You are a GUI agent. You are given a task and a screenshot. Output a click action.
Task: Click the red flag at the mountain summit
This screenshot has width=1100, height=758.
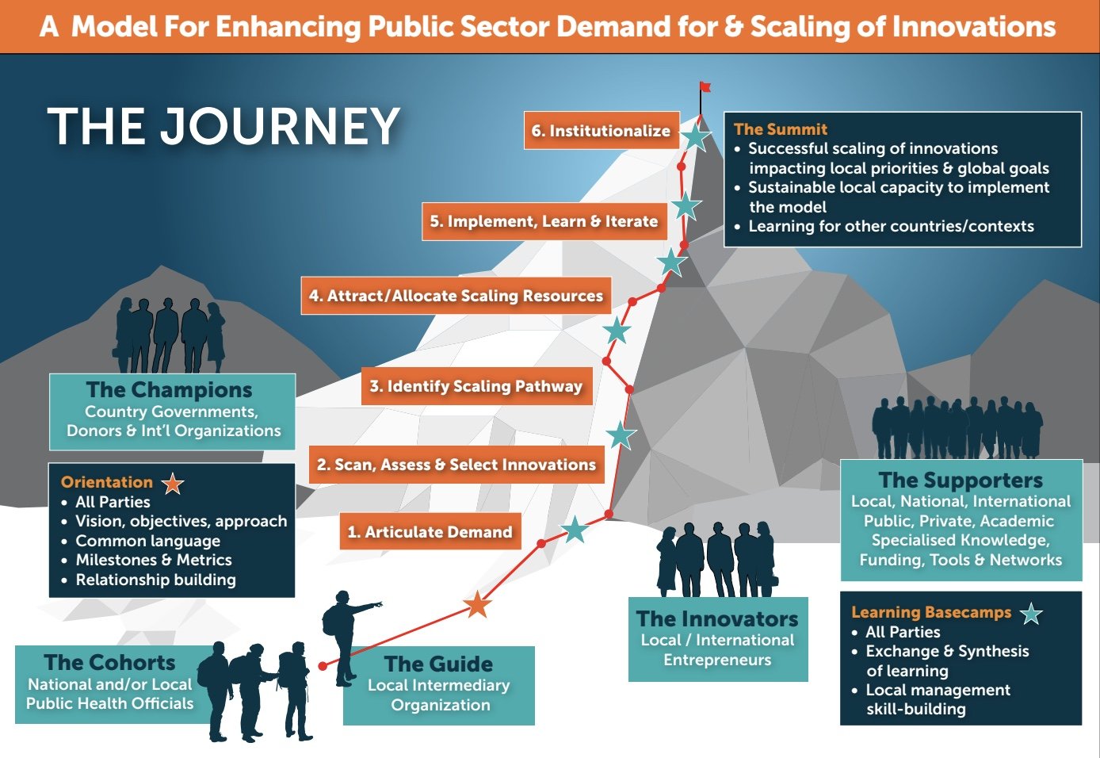point(705,87)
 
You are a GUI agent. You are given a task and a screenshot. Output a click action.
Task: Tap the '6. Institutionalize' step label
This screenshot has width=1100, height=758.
point(601,131)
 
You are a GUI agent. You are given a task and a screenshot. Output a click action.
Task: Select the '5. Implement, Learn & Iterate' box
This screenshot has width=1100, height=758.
point(544,221)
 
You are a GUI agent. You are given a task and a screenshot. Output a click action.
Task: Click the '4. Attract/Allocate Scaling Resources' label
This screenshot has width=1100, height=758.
point(456,296)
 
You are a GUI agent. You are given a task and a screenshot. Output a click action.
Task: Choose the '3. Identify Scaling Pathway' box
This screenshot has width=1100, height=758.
point(476,386)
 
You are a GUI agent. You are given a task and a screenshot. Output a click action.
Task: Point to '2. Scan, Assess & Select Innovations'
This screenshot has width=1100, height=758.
point(456,465)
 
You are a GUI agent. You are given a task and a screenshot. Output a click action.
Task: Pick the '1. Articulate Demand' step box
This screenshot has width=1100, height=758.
point(430,532)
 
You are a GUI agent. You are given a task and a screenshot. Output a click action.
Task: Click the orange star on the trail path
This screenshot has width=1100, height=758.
point(477,605)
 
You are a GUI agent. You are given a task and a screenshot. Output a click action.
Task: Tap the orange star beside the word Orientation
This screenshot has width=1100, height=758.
point(173,483)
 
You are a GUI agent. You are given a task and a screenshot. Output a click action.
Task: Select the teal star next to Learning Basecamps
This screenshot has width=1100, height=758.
point(1031,613)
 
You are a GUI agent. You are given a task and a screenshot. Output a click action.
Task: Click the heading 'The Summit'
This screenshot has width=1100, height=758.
point(781,129)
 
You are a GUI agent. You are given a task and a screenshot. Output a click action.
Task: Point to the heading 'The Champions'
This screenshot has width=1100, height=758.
point(170,390)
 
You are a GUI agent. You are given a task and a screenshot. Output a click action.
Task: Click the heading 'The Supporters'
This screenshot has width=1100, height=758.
point(961,480)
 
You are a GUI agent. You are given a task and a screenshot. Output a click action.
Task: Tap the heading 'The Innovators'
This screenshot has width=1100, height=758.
point(717,618)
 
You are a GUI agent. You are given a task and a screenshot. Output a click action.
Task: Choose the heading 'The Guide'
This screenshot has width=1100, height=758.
point(438,664)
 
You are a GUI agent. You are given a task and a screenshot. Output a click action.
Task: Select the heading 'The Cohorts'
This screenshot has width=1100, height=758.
point(109,662)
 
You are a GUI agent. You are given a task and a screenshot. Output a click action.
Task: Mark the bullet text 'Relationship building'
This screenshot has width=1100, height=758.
point(155,580)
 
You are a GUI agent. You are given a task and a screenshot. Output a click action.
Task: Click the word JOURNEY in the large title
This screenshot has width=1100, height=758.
point(281,127)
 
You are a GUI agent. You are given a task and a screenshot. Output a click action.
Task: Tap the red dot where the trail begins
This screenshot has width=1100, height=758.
point(323,666)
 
